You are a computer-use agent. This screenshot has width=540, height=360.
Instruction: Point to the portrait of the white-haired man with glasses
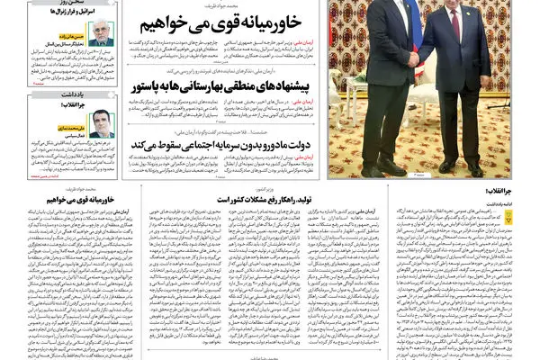coord(101,33)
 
